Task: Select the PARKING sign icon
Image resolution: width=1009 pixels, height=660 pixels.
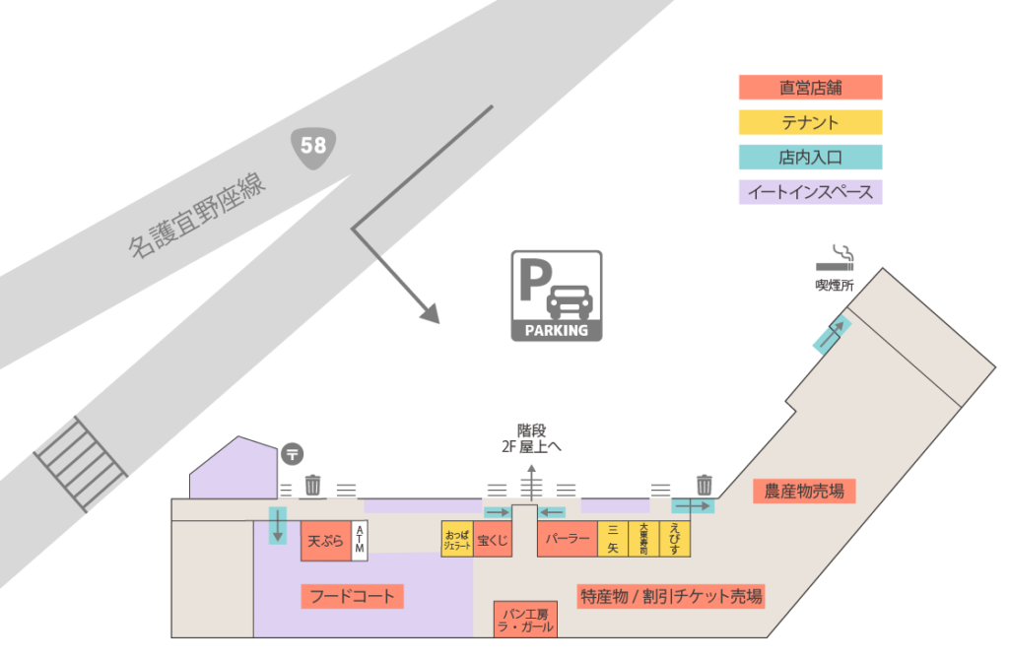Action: click(x=556, y=296)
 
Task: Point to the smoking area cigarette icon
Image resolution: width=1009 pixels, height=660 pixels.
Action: click(x=836, y=258)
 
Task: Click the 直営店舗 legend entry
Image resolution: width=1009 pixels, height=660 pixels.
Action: click(x=810, y=87)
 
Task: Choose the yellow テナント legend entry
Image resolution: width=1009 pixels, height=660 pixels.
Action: click(x=810, y=122)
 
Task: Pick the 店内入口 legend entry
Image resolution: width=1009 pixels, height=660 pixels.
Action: click(x=810, y=158)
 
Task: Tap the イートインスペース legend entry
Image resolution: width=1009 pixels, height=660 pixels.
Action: click(x=810, y=192)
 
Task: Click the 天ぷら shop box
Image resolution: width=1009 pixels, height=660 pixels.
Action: click(x=325, y=541)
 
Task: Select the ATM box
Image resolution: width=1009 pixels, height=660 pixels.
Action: click(x=360, y=541)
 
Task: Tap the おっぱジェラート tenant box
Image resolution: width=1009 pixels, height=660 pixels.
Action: click(x=457, y=540)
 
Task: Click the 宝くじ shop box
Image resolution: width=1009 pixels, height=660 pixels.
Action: click(x=492, y=540)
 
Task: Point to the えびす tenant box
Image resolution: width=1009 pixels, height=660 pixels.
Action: click(x=675, y=540)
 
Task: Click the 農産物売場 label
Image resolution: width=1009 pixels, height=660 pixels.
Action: click(x=804, y=491)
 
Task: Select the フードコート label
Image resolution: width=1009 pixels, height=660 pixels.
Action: click(x=352, y=596)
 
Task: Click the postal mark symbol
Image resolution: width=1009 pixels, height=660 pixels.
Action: click(x=292, y=454)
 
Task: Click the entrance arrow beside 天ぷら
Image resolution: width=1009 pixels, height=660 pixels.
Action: click(x=278, y=524)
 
